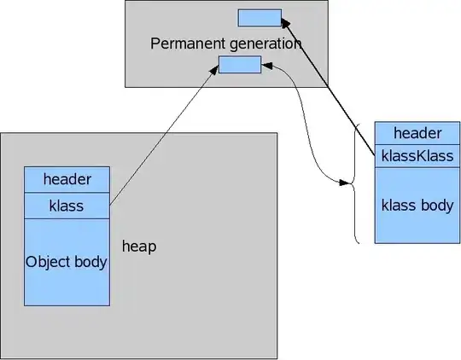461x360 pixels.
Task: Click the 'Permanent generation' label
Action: (226, 43)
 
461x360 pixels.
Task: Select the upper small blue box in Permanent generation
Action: (260, 17)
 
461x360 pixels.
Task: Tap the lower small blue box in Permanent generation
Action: (240, 64)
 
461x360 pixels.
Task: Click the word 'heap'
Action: (139, 246)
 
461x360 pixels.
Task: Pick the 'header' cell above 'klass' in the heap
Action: (67, 180)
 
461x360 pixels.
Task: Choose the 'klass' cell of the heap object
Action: (67, 206)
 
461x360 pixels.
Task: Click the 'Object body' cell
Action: (67, 261)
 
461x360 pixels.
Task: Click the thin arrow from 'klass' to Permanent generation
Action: (162, 136)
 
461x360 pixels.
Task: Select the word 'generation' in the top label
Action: (266, 43)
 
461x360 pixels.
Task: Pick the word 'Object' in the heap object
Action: (48, 261)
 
